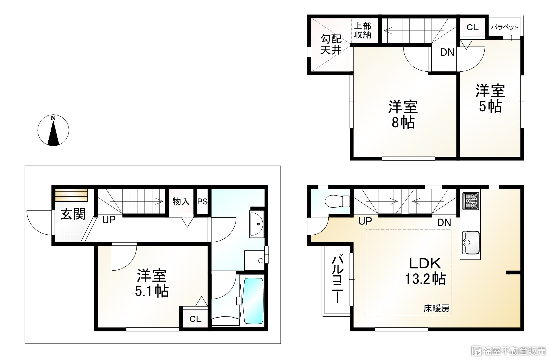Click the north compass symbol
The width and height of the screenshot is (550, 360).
53,130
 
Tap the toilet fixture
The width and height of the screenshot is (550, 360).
337,201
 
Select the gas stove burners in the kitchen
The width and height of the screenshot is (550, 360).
471,201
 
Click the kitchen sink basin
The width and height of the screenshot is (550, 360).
471,243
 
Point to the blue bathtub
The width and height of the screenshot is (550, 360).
253,301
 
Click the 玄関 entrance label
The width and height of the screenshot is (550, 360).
73,214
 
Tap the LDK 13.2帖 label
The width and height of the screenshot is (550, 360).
425,271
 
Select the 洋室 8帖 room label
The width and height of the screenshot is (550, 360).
403,115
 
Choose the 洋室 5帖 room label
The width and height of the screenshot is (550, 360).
490,98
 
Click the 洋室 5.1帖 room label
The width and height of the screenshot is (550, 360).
152,283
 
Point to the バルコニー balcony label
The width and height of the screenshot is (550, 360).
337,279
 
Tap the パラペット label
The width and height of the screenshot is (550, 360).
504,27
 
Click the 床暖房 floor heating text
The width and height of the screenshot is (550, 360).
436,308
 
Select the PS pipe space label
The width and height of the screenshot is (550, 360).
202,202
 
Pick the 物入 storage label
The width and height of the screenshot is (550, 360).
181,202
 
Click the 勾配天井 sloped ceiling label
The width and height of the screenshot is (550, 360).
331,44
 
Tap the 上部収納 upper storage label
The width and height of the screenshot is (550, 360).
363,31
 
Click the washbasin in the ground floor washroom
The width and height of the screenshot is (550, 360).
257,224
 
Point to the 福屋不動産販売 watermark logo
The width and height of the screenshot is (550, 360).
508,351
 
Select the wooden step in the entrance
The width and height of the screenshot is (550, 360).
71,195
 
